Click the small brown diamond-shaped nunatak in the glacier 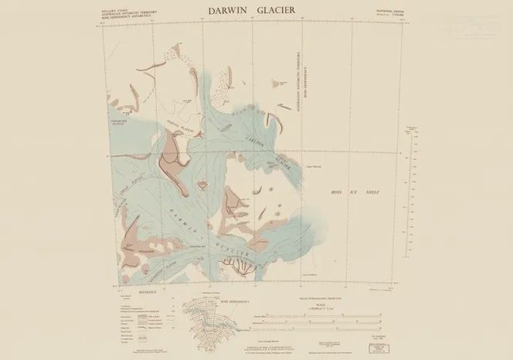click(204, 185)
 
